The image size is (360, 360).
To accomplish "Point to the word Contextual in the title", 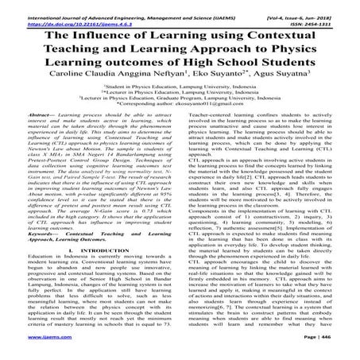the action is (296, 33).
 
